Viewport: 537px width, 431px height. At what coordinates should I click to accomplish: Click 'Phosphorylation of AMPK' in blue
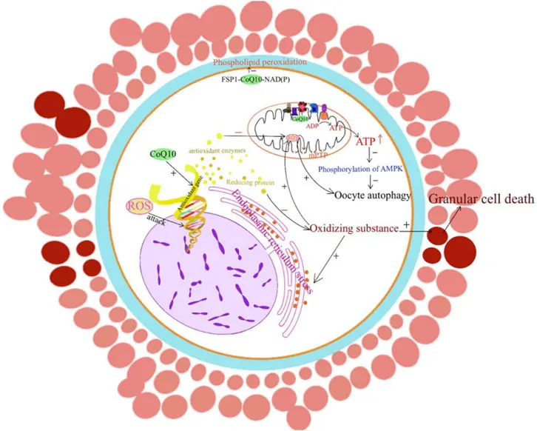(x=369, y=167)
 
